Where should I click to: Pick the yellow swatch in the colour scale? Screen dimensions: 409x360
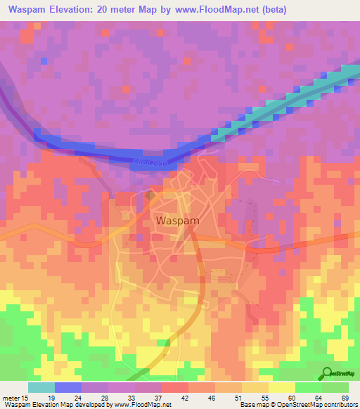[x=281, y=387]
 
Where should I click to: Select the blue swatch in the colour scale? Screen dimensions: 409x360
[x=67, y=387]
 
